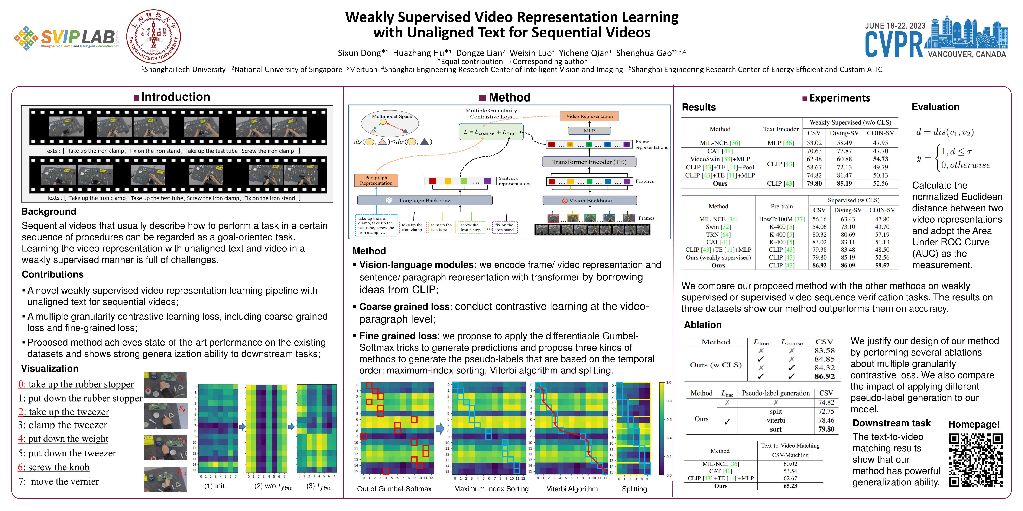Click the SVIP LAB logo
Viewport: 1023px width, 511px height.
67,38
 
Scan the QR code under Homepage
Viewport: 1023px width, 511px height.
975,460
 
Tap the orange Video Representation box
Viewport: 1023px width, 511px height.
589,116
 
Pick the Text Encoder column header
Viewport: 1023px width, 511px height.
780,129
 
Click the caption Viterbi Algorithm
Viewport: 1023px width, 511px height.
572,489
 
